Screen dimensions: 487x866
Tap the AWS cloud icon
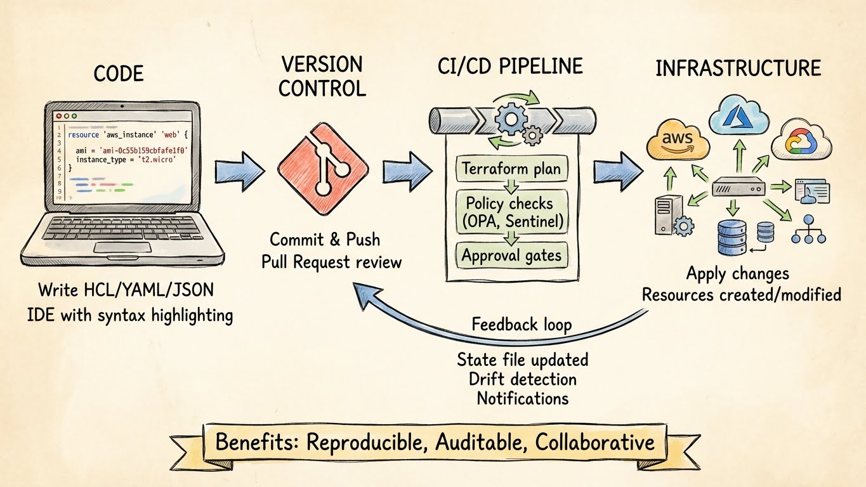click(x=677, y=140)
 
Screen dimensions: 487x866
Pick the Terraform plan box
click(x=511, y=169)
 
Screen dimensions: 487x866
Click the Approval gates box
click(x=511, y=256)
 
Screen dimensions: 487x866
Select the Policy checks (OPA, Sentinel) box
click(x=511, y=212)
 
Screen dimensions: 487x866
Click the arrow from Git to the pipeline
click(x=407, y=169)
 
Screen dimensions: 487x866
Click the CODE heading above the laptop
click(x=119, y=74)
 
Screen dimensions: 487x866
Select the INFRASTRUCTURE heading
click(x=738, y=68)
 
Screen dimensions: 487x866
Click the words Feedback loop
click(x=522, y=325)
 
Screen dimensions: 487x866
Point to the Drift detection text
click(x=523, y=379)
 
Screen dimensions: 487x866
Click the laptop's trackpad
click(x=122, y=247)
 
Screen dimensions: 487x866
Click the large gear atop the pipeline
click(x=511, y=119)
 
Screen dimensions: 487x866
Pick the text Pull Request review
click(x=331, y=261)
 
